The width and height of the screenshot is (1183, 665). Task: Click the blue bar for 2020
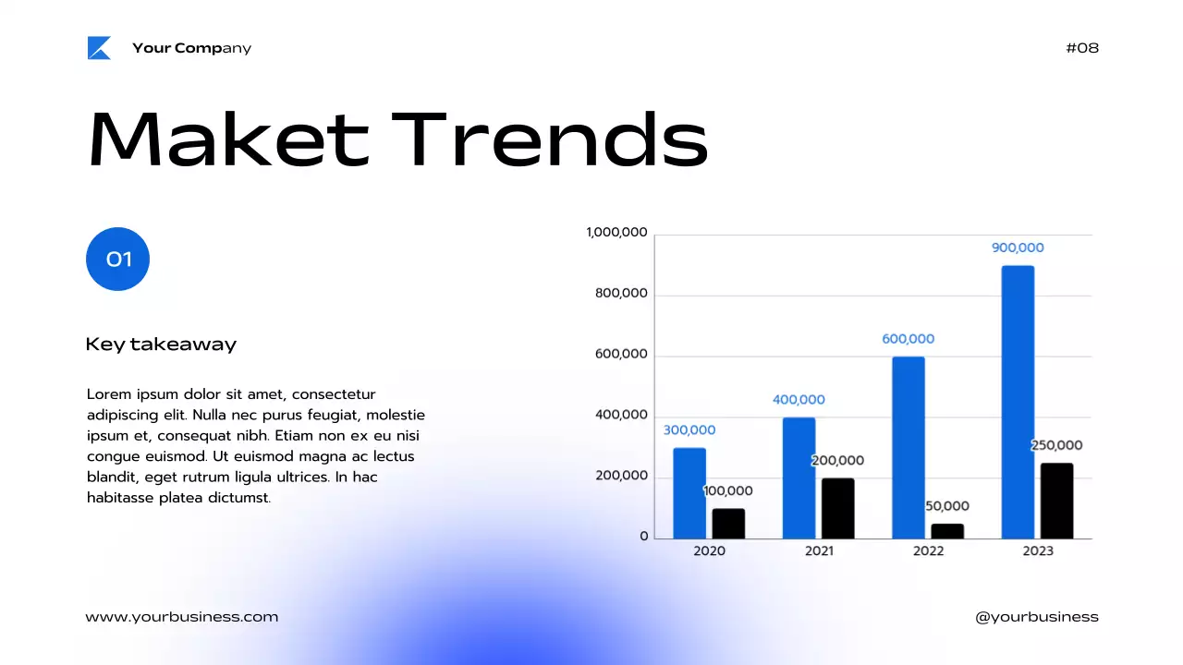689,493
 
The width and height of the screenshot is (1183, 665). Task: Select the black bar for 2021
837,508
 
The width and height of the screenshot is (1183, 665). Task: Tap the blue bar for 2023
1018,402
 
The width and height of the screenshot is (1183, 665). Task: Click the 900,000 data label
1018,248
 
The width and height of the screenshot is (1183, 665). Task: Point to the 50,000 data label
947,506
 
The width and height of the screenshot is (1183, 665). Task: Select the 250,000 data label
1056,445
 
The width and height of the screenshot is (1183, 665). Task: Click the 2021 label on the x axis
819,550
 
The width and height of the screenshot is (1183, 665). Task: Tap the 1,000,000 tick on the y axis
616,233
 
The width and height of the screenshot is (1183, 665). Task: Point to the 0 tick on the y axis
644,537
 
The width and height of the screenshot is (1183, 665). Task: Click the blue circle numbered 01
117,259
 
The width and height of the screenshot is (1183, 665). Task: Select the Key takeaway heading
161,345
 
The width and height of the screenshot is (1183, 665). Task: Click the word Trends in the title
549,140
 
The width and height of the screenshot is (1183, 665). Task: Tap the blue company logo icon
99,48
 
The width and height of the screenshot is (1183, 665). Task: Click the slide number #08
1082,48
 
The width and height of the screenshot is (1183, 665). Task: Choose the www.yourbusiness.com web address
181,617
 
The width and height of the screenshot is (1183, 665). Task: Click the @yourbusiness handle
1037,617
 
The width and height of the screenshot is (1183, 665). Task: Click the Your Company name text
191,48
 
